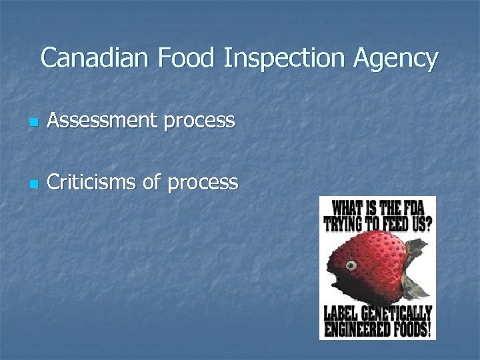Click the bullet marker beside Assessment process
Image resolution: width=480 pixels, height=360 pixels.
click(34, 123)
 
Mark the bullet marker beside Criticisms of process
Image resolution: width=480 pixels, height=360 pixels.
click(34, 184)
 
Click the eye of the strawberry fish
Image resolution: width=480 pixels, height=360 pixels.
click(351, 266)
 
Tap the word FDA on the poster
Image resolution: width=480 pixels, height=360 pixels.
click(416, 207)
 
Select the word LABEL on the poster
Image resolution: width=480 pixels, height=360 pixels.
click(343, 313)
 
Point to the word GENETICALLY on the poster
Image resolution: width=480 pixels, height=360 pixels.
click(397, 313)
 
